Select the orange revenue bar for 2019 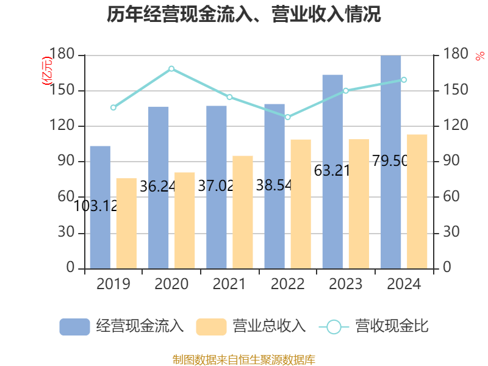coord(126,223)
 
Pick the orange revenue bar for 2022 coord(301,204)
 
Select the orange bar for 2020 coord(185,220)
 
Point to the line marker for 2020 coord(171,68)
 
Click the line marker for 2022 coord(288,117)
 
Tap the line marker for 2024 coord(404,80)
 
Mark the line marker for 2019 coord(113,107)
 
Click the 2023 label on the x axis coord(345,284)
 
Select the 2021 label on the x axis coord(229,284)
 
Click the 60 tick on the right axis coord(451,197)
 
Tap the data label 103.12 coord(95,206)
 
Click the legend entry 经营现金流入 coord(122,326)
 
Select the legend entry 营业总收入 coord(251,326)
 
